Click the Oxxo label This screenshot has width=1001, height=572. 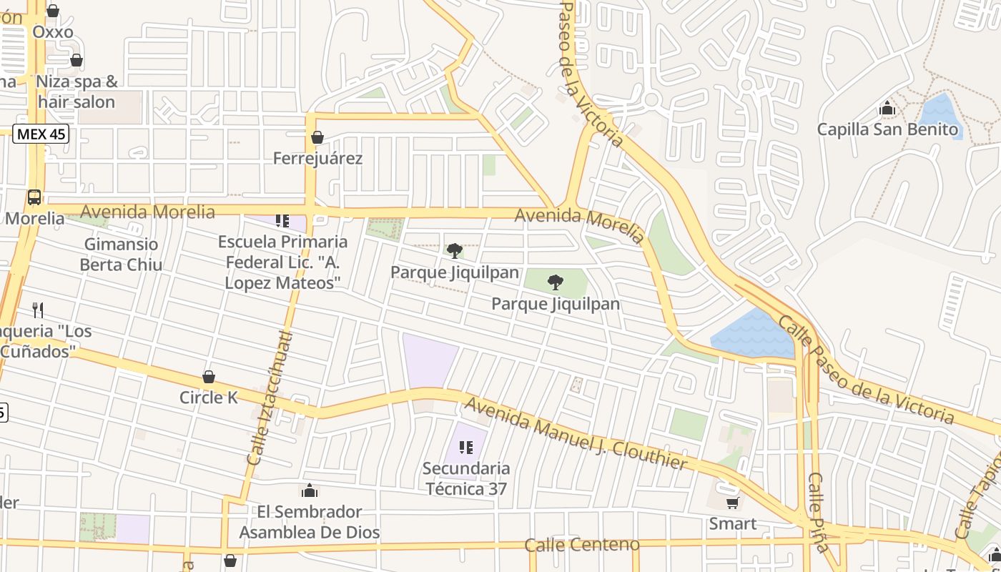(x=53, y=32)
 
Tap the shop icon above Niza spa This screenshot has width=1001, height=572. (x=77, y=61)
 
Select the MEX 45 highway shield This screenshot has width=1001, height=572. (x=41, y=134)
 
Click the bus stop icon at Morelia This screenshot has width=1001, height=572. (x=34, y=197)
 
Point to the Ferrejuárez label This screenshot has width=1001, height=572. (x=317, y=158)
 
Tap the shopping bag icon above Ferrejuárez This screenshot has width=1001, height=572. (x=317, y=137)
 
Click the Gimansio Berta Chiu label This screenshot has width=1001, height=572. (x=121, y=254)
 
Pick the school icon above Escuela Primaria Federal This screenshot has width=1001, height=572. (x=282, y=220)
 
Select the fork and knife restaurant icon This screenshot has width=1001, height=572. (x=38, y=310)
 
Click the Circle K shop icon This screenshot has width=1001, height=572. (x=209, y=377)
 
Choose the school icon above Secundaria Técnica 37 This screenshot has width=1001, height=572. (x=466, y=448)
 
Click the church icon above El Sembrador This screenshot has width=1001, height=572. (x=309, y=490)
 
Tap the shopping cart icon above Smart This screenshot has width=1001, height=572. (x=732, y=503)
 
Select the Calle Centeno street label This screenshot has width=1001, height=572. (x=582, y=545)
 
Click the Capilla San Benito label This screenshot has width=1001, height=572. (x=887, y=129)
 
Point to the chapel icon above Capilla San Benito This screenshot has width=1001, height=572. (x=887, y=109)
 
